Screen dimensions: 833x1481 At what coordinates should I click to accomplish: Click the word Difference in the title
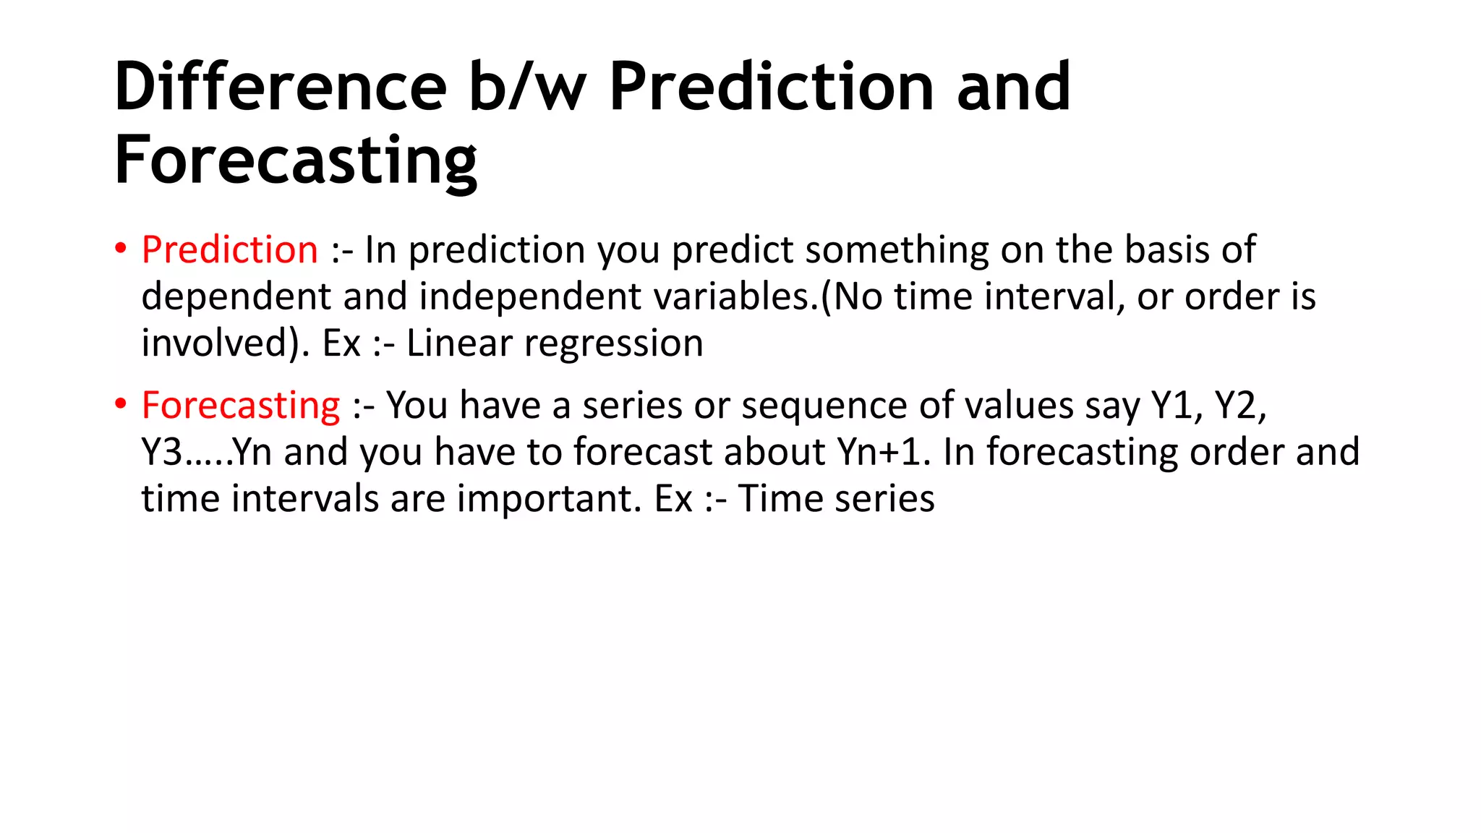tap(281, 87)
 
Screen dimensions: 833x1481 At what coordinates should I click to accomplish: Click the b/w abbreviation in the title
tap(527, 87)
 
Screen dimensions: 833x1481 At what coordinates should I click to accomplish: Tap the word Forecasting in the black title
tap(296, 161)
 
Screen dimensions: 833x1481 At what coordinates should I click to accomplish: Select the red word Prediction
tap(230, 250)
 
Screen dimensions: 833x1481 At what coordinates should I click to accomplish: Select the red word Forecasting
tap(241, 405)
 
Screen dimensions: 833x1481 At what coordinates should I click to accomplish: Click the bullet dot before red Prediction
tap(121, 249)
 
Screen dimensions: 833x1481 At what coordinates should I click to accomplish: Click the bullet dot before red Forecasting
tap(121, 404)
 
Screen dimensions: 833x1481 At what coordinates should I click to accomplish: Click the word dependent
tap(236, 296)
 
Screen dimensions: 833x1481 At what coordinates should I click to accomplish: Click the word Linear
tap(459, 343)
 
